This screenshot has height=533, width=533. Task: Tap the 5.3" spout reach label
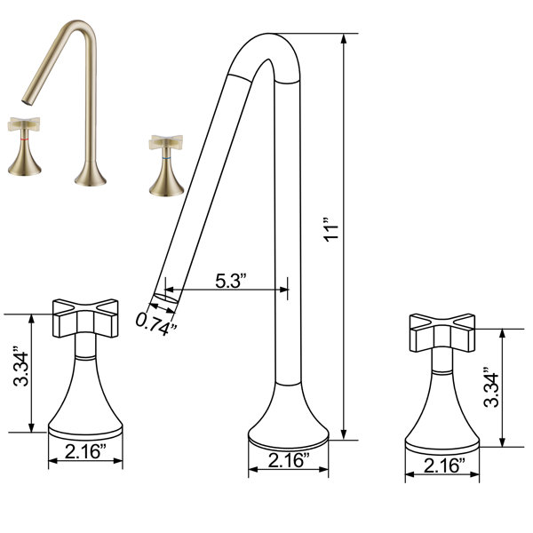click(x=231, y=281)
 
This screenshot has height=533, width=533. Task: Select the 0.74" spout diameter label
click(x=156, y=324)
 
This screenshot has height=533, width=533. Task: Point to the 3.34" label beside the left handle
click(x=20, y=366)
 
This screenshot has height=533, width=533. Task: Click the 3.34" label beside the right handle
click(x=491, y=387)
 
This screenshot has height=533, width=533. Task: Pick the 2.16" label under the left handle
click(x=85, y=451)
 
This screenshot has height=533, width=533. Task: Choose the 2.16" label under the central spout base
click(x=289, y=460)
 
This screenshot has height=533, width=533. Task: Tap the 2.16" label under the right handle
click(x=445, y=465)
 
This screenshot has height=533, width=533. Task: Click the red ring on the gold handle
click(x=24, y=139)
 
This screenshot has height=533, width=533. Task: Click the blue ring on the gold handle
click(x=166, y=158)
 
